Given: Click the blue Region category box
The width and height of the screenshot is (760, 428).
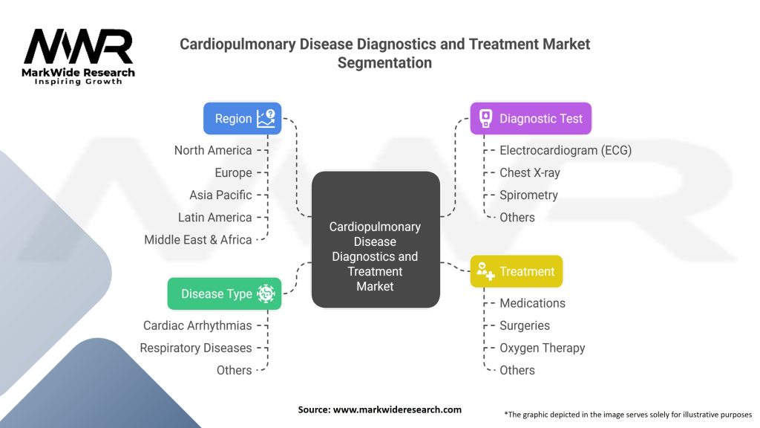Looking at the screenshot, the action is point(243,118).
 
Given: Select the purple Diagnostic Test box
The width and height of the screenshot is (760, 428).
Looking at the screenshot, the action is point(531,118).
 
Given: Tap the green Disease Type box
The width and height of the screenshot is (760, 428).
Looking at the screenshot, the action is point(224,294).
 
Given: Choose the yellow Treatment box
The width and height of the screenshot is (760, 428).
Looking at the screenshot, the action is point(517,271).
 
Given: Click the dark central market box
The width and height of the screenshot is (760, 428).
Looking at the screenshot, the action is point(376,239).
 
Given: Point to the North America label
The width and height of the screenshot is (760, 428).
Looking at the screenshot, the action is point(213,150).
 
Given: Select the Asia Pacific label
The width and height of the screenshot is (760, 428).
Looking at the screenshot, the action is point(220,195).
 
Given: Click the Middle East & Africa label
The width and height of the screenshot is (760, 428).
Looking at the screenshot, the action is point(197,240).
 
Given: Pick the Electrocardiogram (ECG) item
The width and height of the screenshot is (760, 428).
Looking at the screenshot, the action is point(566,150).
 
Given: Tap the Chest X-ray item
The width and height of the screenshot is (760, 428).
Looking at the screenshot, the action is point(530,172).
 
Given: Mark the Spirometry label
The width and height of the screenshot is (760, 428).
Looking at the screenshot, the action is point(528,195).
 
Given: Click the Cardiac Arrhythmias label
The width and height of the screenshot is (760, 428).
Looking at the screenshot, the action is point(197,325).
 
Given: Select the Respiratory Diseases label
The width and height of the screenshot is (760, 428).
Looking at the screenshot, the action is point(196,348).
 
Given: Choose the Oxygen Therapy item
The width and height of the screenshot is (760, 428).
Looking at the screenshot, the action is point(543,348).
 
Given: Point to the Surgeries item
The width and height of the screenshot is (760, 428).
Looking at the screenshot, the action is point(525,325).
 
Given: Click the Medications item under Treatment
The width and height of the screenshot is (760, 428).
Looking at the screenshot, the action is point(533,303).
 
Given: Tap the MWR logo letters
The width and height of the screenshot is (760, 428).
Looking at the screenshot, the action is point(78,46).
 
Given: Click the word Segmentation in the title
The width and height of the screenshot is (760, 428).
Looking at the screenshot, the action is point(385,63).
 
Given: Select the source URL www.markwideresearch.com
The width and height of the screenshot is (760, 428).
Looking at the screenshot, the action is point(397,409).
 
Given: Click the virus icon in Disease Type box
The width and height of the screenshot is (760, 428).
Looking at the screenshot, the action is point(266,294).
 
